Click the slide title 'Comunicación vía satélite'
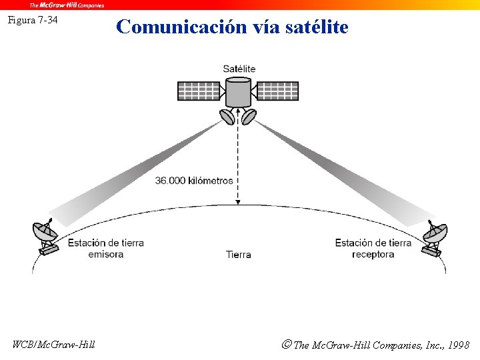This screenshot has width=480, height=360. pos(232,27)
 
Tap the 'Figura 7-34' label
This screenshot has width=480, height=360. pos(33,20)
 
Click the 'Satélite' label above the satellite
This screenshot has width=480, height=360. pos(239,69)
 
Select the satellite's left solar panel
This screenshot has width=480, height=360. pos(199,91)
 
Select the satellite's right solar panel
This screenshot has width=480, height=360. pos(277,91)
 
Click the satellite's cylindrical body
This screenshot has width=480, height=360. pos(238,92)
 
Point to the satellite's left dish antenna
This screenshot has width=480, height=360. pos(227,117)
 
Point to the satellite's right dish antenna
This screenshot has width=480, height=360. pos(249,117)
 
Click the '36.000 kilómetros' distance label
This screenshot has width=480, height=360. pos(194,181)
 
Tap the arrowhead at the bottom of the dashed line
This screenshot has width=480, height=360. pos(238,202)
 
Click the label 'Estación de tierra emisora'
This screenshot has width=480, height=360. pos(105,248)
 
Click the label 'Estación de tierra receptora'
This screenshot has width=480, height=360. pos(373,248)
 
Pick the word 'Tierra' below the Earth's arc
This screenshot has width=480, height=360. pos(238,254)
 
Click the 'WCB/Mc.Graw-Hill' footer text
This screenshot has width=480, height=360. pos(54,345)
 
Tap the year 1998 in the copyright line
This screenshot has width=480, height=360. pos(459,345)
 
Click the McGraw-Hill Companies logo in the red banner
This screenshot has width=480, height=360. pos(67,5)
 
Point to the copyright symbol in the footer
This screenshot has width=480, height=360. pos(286,345)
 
